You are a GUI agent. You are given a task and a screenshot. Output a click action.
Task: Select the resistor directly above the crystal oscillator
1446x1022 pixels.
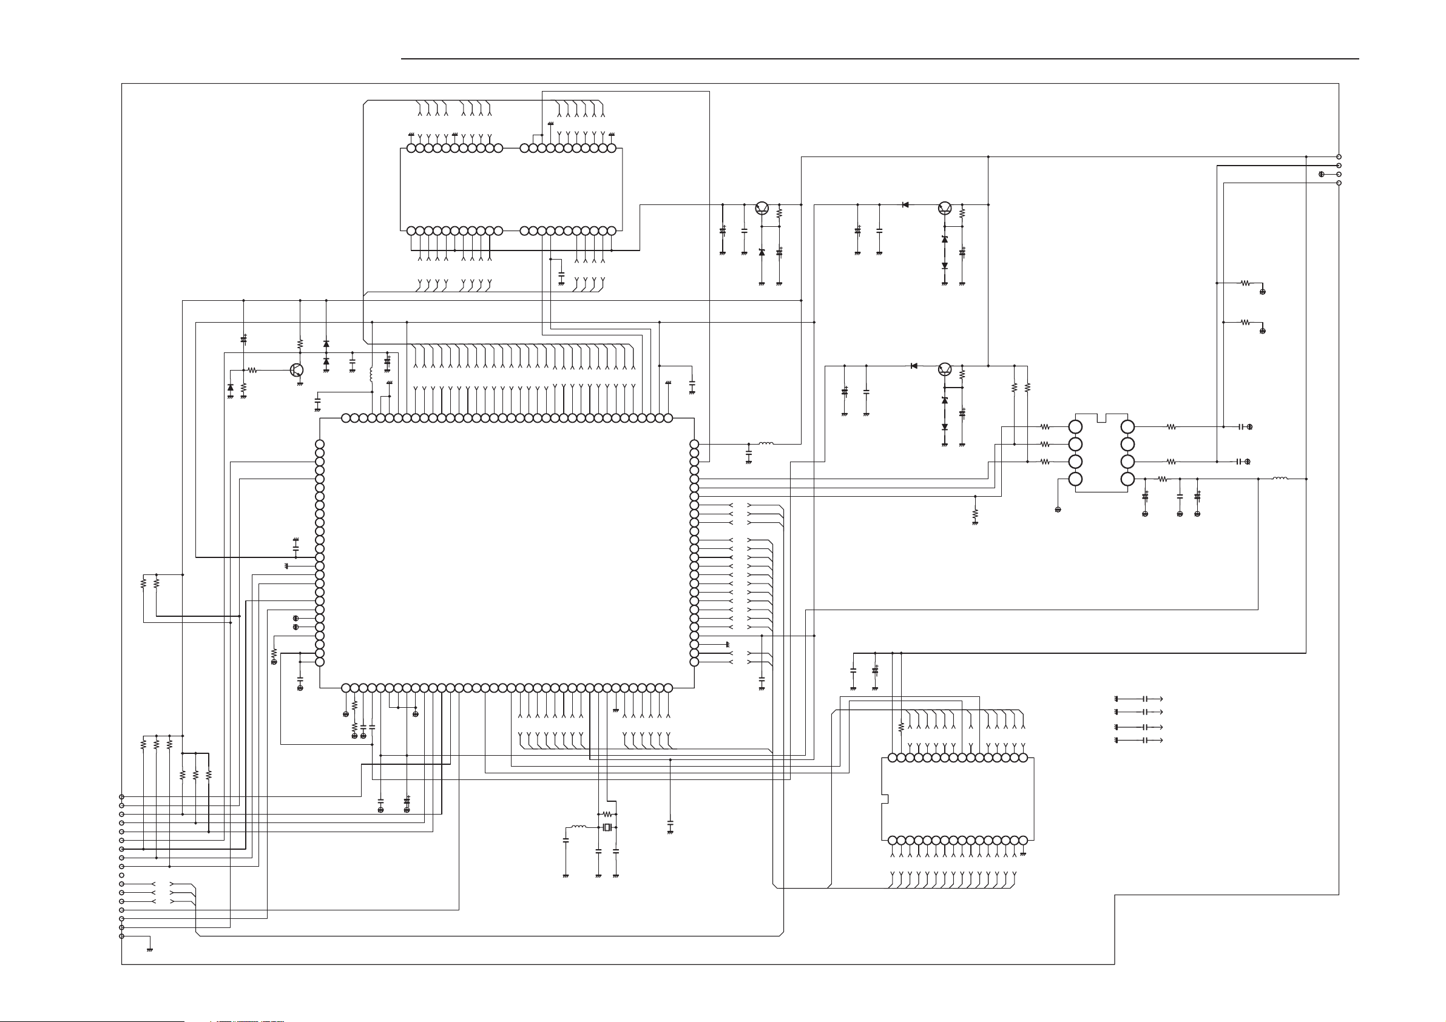pyautogui.click(x=607, y=814)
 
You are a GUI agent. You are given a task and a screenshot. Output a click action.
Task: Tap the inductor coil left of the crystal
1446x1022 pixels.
pyautogui.click(x=578, y=827)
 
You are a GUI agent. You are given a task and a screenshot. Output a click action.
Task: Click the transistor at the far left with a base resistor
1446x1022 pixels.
pyautogui.click(x=297, y=370)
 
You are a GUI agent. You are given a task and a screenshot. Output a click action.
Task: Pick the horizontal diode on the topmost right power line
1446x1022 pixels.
pyautogui.click(x=905, y=204)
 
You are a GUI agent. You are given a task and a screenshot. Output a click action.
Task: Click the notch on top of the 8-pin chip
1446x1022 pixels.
pyautogui.click(x=1101, y=418)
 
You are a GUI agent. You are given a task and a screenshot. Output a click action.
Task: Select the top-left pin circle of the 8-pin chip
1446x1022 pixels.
pyautogui.click(x=1076, y=427)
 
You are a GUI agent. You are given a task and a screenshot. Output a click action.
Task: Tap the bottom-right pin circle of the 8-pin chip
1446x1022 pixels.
pyautogui.click(x=1127, y=479)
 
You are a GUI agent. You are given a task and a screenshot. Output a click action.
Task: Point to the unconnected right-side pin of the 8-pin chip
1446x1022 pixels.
pyautogui.click(x=1127, y=445)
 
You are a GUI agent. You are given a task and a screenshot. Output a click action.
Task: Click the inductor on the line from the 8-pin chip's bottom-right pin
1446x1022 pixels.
pyautogui.click(x=1280, y=479)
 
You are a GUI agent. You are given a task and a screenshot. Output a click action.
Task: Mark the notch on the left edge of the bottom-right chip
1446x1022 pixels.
pyautogui.click(x=884, y=799)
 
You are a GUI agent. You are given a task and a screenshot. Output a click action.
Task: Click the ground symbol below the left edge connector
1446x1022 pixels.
pyautogui.click(x=150, y=949)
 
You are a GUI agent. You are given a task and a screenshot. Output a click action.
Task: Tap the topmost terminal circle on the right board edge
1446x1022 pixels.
pyautogui.click(x=1339, y=157)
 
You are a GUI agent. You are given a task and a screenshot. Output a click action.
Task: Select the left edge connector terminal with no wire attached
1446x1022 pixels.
pyautogui.click(x=121, y=875)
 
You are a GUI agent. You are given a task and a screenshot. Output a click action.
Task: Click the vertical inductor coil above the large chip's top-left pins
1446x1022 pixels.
pyautogui.click(x=371, y=374)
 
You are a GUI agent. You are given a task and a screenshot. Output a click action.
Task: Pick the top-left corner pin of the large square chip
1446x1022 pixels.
pyautogui.click(x=346, y=418)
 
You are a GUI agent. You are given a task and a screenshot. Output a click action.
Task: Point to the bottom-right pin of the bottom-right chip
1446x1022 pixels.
pyautogui.click(x=1023, y=841)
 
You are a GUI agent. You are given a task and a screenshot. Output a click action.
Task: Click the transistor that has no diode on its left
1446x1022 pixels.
pyautogui.click(x=762, y=207)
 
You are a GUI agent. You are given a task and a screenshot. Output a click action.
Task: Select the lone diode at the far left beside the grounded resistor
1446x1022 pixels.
pyautogui.click(x=231, y=387)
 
